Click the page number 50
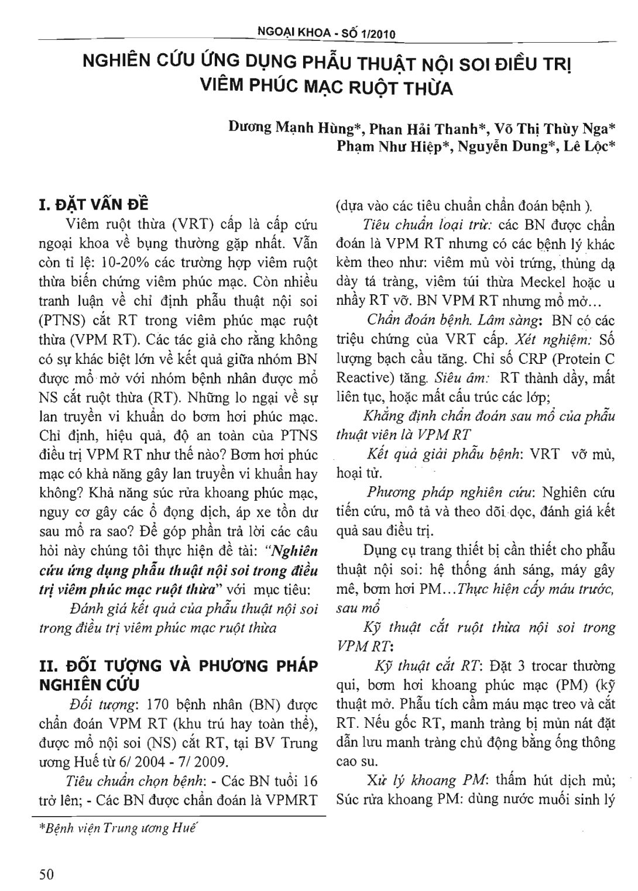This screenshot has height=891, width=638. (x=46, y=874)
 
